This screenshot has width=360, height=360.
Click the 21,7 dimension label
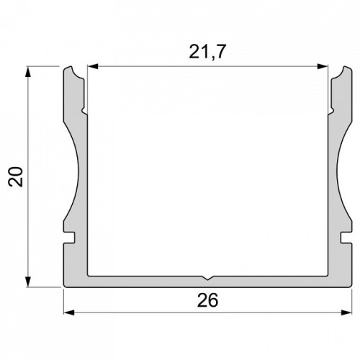click(207, 52)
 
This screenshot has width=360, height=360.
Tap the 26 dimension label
click(207, 300)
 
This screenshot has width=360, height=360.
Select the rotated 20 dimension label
click(15, 176)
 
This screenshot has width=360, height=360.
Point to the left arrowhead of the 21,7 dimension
click(93, 66)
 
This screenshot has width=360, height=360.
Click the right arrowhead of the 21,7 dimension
click(323, 66)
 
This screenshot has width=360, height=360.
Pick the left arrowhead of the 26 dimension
click(69, 312)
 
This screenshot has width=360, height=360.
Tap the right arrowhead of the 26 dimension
click(346, 312)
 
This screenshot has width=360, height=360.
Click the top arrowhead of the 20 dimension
click(28, 72)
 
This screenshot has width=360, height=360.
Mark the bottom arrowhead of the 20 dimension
click(28, 282)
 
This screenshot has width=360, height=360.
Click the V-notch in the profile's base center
click(207, 279)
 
